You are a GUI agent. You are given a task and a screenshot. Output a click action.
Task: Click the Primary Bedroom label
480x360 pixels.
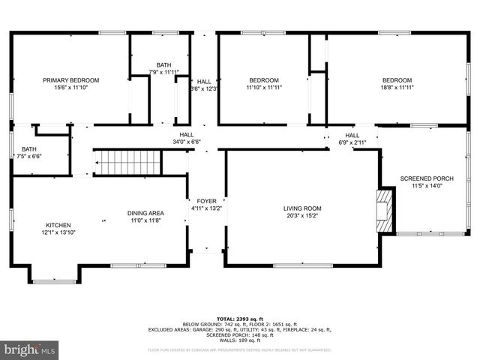point(70,80)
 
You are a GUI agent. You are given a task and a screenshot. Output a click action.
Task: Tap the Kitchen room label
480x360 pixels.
point(58,225)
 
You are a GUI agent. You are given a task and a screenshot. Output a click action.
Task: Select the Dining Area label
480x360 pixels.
point(145,213)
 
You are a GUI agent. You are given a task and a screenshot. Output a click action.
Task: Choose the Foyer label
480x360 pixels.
point(206,201)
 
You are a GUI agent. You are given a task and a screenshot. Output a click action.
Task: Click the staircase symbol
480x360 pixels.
point(127,161)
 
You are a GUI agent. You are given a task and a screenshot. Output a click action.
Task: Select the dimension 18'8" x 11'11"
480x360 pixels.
point(397,88)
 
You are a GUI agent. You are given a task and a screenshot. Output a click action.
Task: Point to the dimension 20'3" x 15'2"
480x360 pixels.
point(302,216)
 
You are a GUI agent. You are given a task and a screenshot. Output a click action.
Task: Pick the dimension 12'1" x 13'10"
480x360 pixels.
point(58,232)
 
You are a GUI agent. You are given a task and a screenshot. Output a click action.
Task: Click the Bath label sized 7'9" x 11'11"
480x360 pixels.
point(163,64)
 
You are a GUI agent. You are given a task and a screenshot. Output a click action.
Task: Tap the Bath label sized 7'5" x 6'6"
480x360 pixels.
point(29,148)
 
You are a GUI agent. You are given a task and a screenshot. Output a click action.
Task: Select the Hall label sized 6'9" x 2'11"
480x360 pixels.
point(352,135)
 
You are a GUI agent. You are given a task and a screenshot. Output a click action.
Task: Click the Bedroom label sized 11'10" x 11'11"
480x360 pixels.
point(264,80)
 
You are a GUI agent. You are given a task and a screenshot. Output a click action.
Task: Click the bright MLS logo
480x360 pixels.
point(30,349)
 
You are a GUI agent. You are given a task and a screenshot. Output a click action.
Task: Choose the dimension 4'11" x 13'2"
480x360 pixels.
point(206,209)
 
